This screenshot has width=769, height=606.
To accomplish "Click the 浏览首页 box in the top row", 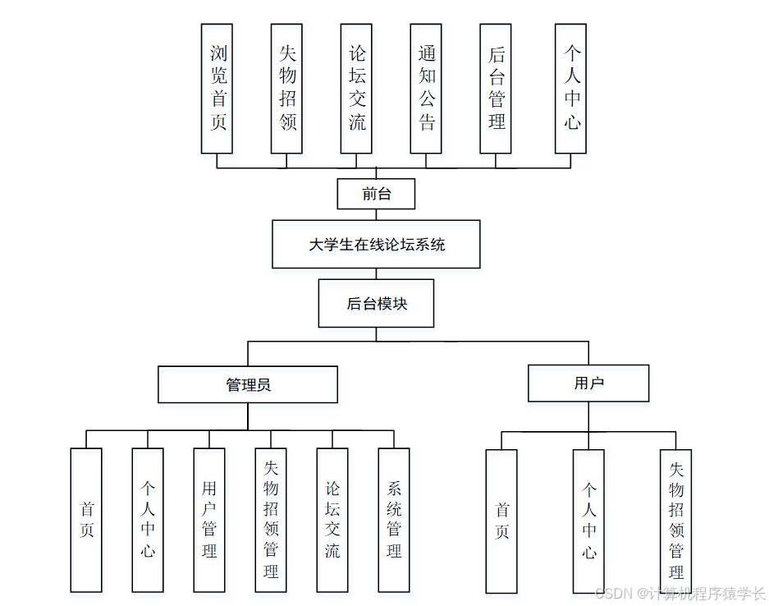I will [217, 89].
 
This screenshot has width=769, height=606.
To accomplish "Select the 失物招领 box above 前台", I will [286, 89].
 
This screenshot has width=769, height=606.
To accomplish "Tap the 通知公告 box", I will [426, 89].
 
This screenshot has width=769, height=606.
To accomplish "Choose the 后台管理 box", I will [496, 89].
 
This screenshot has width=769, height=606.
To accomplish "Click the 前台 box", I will [376, 195].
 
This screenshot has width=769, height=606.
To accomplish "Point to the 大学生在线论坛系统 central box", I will [376, 244].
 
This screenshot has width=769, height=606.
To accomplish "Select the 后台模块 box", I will [376, 304].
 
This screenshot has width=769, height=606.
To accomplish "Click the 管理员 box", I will [248, 384].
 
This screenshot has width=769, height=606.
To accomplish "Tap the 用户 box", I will [588, 383].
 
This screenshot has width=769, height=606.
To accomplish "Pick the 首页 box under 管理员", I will [86, 520].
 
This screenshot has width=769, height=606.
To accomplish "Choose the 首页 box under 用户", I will [501, 521].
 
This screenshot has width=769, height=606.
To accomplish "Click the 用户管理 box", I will [209, 520].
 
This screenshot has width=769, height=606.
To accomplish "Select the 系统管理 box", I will [394, 520].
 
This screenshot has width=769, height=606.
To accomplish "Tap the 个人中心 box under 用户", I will [588, 521].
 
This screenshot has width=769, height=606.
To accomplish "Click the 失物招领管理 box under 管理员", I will [271, 520].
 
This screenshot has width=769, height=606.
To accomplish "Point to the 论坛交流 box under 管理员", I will [332, 520].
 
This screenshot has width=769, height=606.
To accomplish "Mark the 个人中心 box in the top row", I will [570, 89].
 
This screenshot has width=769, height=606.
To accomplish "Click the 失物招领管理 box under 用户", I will [675, 521].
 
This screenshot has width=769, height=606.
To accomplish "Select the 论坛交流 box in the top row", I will [356, 89].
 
